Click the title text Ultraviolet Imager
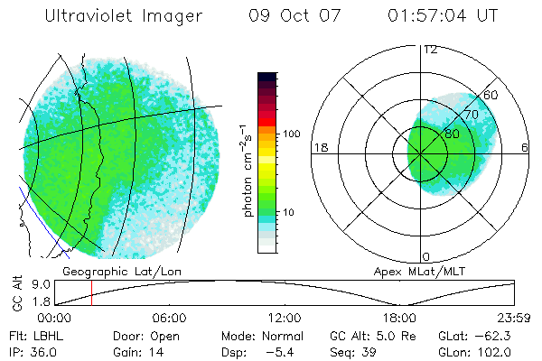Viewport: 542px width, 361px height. (124, 16)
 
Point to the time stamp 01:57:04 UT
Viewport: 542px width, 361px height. (443, 16)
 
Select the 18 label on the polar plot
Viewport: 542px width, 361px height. (319, 148)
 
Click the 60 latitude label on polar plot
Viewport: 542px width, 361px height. (491, 95)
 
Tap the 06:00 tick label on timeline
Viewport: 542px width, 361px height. (169, 318)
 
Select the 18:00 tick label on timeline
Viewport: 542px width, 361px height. (399, 318)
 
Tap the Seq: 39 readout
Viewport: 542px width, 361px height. (358, 350)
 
